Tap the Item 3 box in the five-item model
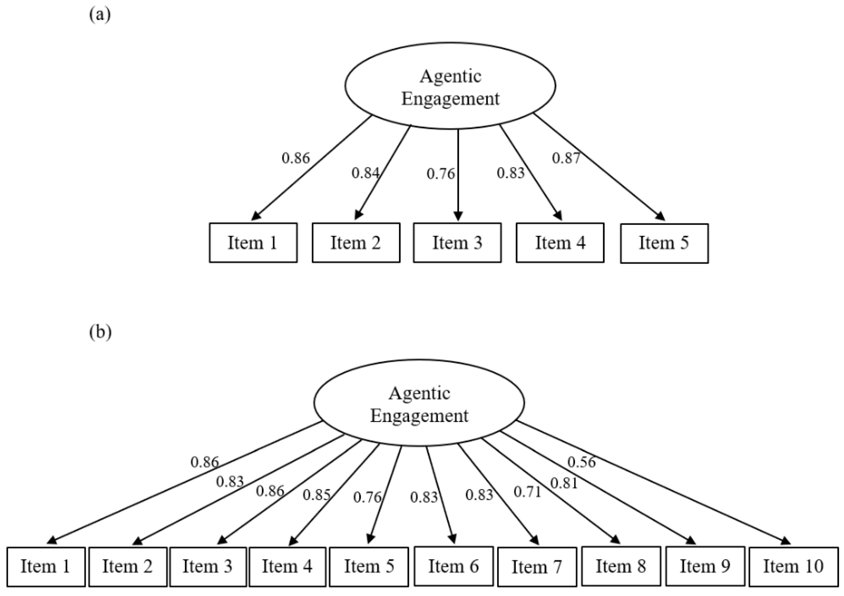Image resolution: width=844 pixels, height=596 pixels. [x=457, y=243]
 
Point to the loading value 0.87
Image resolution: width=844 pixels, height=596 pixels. [x=566, y=158]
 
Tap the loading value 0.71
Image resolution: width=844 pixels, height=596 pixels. [x=527, y=492]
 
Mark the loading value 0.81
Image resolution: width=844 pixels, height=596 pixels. [x=564, y=483]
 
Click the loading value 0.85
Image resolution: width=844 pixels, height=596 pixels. [x=316, y=495]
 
